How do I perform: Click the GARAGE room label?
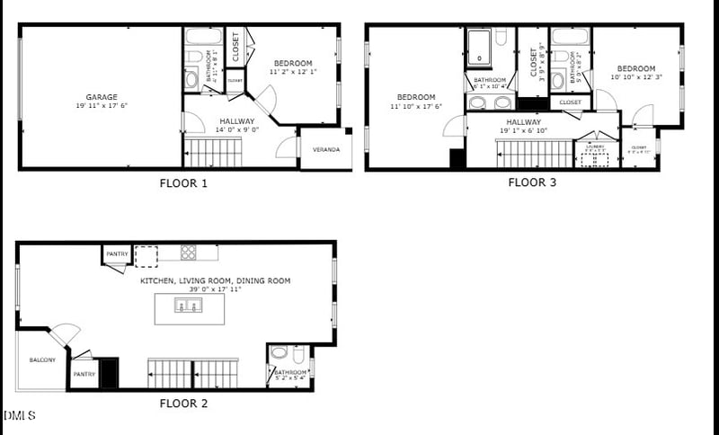(102, 97)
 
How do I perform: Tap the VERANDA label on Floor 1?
(326, 149)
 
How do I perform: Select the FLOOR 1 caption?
(183, 183)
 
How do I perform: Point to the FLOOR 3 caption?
(532, 183)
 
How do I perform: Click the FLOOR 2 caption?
(183, 404)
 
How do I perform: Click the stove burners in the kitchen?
(188, 253)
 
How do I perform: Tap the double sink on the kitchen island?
(190, 307)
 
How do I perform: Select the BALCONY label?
(42, 360)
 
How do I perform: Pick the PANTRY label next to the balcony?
(84, 374)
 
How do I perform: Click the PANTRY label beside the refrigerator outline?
(118, 254)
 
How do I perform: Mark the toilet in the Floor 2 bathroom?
(280, 353)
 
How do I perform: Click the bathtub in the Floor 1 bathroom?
(203, 37)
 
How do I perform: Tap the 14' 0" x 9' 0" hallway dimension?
(236, 130)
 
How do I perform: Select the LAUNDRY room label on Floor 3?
(594, 146)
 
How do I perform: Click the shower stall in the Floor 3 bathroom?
(480, 48)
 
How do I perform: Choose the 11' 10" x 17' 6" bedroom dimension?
(416, 107)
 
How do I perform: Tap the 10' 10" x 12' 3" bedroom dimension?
(635, 77)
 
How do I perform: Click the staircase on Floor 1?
(213, 154)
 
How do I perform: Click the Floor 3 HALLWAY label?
(523, 121)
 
